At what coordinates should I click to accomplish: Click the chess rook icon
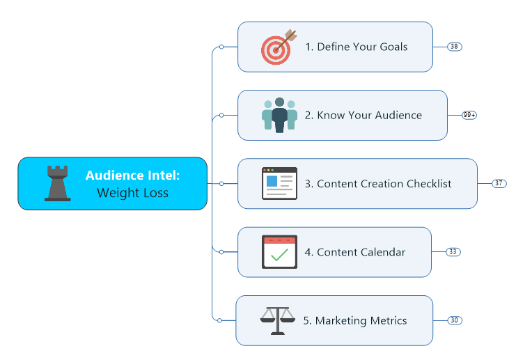[58, 183]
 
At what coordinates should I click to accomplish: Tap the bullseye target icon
[279, 47]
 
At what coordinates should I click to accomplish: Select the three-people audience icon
[279, 115]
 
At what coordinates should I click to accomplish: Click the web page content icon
[279, 183]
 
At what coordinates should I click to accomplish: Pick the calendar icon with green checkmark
[279, 251]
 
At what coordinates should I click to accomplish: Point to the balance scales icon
[277, 320]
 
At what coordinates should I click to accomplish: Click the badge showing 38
[454, 47]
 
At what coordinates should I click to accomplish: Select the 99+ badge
[469, 115]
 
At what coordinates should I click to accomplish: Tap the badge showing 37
[499, 183]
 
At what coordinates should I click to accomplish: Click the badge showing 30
[454, 320]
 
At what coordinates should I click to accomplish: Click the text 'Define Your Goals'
[362, 47]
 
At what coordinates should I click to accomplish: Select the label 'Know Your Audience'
[369, 115]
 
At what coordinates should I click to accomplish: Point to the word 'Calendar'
[382, 251]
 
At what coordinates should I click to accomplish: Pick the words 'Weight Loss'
[132, 193]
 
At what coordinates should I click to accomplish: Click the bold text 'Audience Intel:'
[132, 175]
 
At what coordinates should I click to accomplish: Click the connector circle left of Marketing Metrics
[219, 320]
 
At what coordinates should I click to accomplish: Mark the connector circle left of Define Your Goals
[221, 47]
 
